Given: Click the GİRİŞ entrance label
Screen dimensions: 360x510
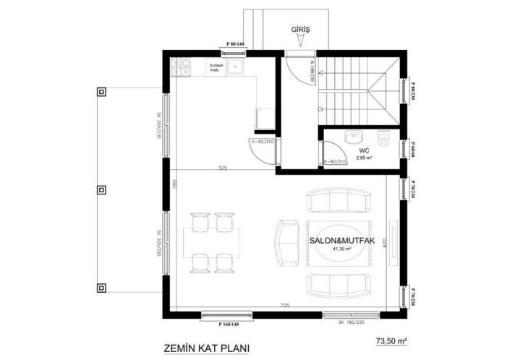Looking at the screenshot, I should coord(300,30).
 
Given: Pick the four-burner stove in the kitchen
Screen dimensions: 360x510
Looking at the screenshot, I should coord(181,68).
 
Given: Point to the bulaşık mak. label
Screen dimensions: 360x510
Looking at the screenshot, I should coord(216,69).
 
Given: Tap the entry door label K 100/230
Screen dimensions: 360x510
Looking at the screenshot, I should coord(311,72).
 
